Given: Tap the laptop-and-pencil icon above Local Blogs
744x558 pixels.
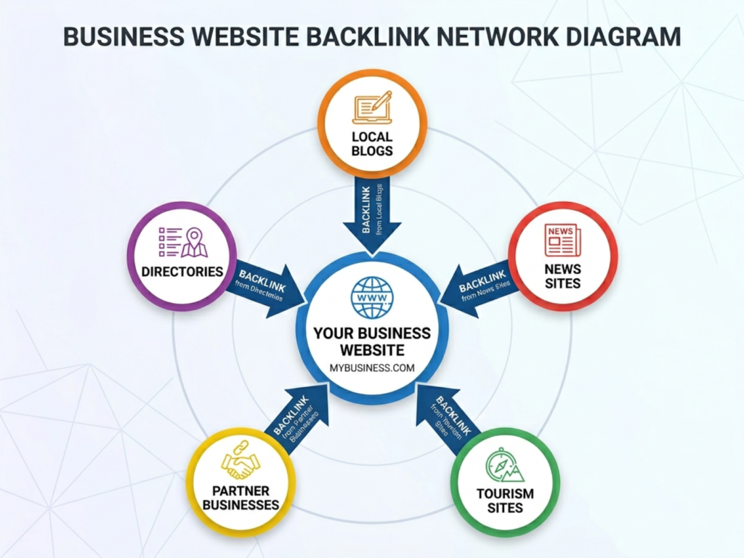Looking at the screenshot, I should coord(371,108).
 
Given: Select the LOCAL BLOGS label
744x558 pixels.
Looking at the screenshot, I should coord(371,144).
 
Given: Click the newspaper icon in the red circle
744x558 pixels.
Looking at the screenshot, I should coord(562,240).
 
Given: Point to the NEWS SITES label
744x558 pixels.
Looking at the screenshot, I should coord(562,276).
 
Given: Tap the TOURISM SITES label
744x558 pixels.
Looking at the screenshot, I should coord(505,501).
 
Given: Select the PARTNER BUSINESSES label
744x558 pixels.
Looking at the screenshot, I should coord(240,497).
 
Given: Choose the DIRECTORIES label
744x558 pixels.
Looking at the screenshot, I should coord(182,272).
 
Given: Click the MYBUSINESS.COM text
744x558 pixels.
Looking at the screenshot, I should coord(372,368).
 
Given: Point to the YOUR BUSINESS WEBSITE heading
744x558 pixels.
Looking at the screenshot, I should coord(372,341).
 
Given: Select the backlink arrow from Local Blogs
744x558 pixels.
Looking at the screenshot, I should coord(371,214).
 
